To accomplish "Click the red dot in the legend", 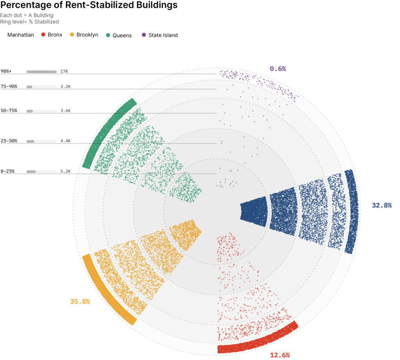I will coord(43,35).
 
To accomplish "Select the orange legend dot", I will coord(72,35).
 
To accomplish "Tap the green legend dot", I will coord(108,35).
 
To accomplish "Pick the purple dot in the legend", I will coord(144,35).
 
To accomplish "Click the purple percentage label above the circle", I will coord(278,69).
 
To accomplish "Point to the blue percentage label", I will coord(382,205).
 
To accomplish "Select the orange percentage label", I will coord(80,301).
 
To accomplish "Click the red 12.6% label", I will coord(280,355).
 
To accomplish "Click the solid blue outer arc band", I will coord(351,211).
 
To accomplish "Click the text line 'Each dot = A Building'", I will coord(27,16).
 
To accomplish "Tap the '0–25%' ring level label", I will coord(8,171).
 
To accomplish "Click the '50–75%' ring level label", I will coord(9,111).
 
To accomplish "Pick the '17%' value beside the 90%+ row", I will coord(64,71).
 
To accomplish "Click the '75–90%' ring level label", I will coord(9,86).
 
